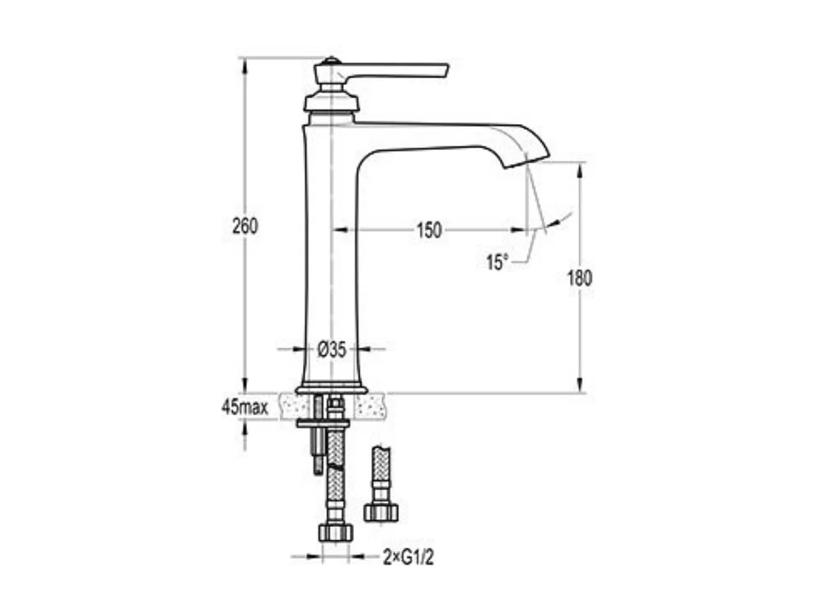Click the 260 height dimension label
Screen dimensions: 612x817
[244, 226]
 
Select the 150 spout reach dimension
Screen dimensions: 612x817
[429, 230]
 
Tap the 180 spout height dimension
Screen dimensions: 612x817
[579, 278]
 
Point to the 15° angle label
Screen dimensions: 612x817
[496, 262]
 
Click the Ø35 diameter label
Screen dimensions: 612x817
[331, 349]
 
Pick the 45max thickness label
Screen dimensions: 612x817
[244, 407]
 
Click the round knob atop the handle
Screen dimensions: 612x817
[330, 63]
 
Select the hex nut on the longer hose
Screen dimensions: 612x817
[335, 532]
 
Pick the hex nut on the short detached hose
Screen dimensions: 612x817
[381, 511]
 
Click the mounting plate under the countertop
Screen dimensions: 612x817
[323, 423]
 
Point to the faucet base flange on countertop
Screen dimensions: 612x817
[331, 390]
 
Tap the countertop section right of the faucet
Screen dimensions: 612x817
[370, 406]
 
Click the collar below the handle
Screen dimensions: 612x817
[331, 103]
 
